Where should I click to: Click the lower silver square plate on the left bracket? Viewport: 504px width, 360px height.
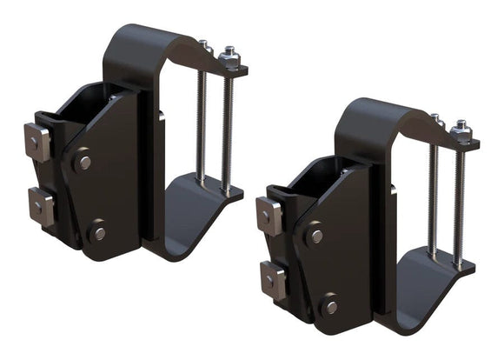click(x=40, y=205)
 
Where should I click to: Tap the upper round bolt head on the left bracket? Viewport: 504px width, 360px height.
click(x=84, y=163)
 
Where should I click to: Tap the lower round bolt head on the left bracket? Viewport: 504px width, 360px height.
click(x=100, y=233)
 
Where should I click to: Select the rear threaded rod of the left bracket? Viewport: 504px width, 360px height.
click(x=202, y=122)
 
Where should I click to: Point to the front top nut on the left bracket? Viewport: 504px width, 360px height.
click(x=229, y=58)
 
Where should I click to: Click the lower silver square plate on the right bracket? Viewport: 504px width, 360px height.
click(x=273, y=279)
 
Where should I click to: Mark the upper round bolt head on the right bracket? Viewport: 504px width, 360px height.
click(x=317, y=236)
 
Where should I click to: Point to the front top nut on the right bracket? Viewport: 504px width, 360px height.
click(x=461, y=131)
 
